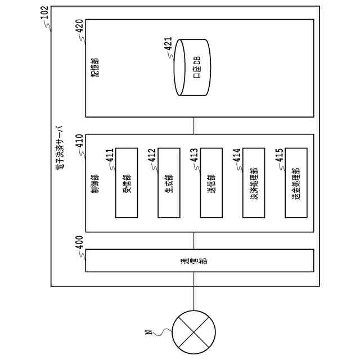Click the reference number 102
[44, 13]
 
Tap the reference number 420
[79, 26]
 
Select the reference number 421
[168, 44]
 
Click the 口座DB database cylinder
[192, 67]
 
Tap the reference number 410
[79, 141]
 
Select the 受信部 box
[127, 183]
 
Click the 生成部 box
[169, 183]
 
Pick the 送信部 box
[211, 183]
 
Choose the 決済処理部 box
[254, 183]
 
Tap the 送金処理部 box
[296, 183]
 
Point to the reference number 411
[110, 155]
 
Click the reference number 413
[194, 155]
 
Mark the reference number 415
[279, 155]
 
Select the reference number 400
[79, 242]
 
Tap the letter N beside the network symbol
[148, 332]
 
